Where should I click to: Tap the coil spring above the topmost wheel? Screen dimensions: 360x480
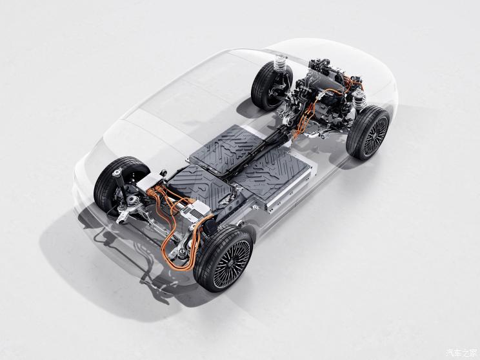(x=282, y=65)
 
